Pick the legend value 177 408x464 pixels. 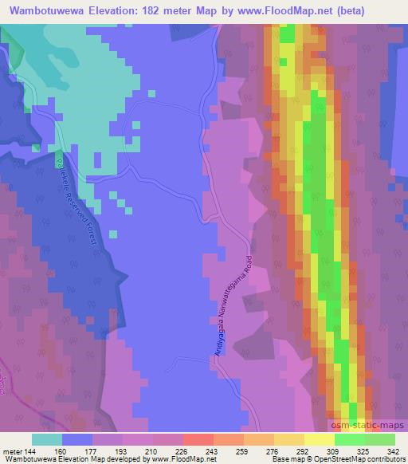point(89,450)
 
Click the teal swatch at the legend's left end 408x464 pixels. point(46,439)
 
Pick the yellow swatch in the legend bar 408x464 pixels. point(319,439)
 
